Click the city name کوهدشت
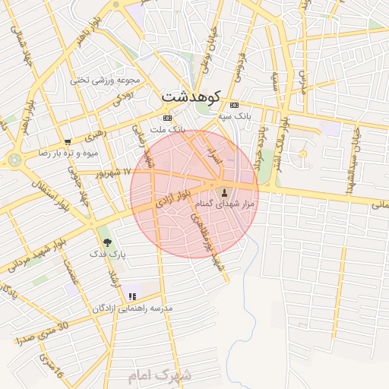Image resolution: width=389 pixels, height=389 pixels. point(191,96)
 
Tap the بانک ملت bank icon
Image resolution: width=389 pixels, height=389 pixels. point(167,119)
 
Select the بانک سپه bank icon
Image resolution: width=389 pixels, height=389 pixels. point(234,105)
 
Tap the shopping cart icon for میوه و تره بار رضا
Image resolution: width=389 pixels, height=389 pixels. point(68,142)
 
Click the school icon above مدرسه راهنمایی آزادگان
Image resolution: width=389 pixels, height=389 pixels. point(132,296)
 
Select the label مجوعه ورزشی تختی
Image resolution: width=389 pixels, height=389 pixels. point(106,79)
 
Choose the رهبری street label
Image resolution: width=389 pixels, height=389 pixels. point(98,136)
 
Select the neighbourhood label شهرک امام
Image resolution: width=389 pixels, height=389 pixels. point(160,375)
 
